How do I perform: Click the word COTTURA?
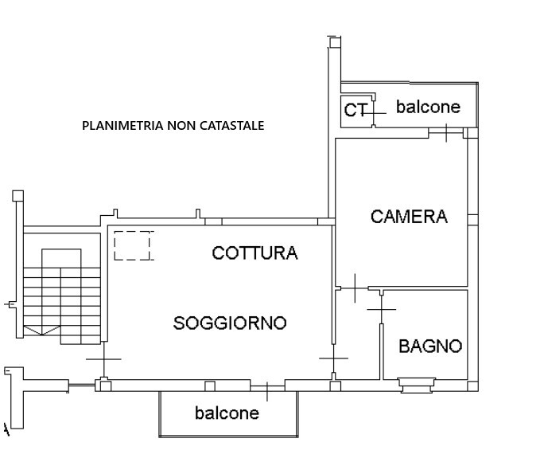click(255, 253)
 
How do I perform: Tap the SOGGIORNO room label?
click(230, 323)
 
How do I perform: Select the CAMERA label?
click(409, 216)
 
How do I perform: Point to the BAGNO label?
click(430, 347)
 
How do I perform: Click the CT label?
click(354, 110)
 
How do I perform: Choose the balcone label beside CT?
click(428, 107)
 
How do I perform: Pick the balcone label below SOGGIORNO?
click(227, 413)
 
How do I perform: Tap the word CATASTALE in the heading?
click(231, 125)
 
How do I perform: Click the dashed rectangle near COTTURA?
click(132, 245)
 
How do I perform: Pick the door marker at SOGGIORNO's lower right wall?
click(333, 358)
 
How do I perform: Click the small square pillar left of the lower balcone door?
click(210, 386)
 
